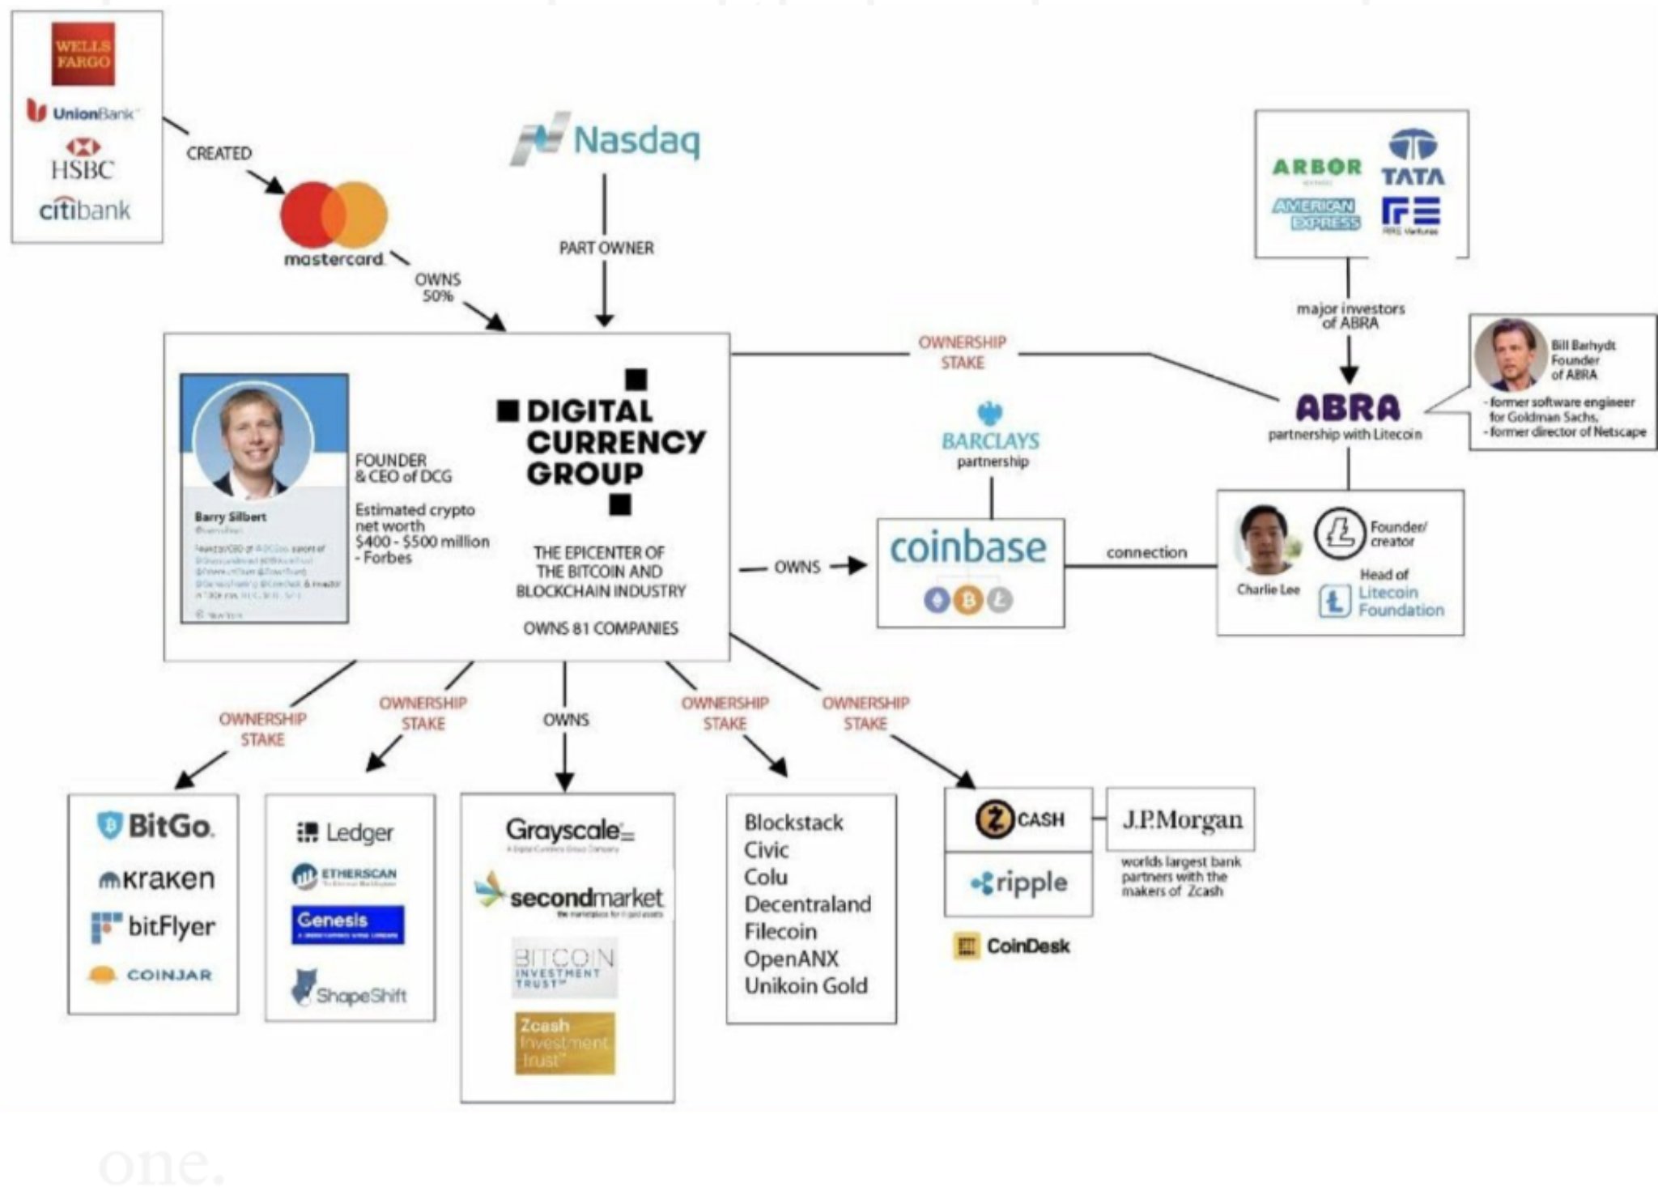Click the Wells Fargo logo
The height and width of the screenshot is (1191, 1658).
pos(83,54)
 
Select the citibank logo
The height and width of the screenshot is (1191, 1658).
pos(85,211)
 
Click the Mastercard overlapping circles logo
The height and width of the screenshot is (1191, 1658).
pos(334,215)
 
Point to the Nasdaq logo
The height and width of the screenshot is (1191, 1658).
pos(606,140)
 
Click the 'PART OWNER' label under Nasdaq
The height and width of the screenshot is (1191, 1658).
pos(606,248)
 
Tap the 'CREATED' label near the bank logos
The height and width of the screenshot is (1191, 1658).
pos(219,153)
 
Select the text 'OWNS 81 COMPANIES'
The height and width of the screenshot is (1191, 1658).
pos(600,628)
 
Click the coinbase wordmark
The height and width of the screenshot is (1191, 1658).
pos(968,548)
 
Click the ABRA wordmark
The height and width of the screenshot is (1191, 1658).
pos(1348,408)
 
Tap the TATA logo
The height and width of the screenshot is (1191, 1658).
pos(1413,159)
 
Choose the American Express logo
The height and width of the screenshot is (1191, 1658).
pos(1316,214)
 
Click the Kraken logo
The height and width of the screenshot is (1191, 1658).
pos(156,878)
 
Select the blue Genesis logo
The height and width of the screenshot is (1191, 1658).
pos(347,924)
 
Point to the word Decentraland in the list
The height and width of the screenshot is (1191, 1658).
pos(807,904)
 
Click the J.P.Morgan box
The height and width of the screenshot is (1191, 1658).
pos(1180,819)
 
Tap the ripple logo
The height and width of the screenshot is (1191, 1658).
pos(1018,883)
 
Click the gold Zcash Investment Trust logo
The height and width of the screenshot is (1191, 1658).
pos(564,1043)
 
